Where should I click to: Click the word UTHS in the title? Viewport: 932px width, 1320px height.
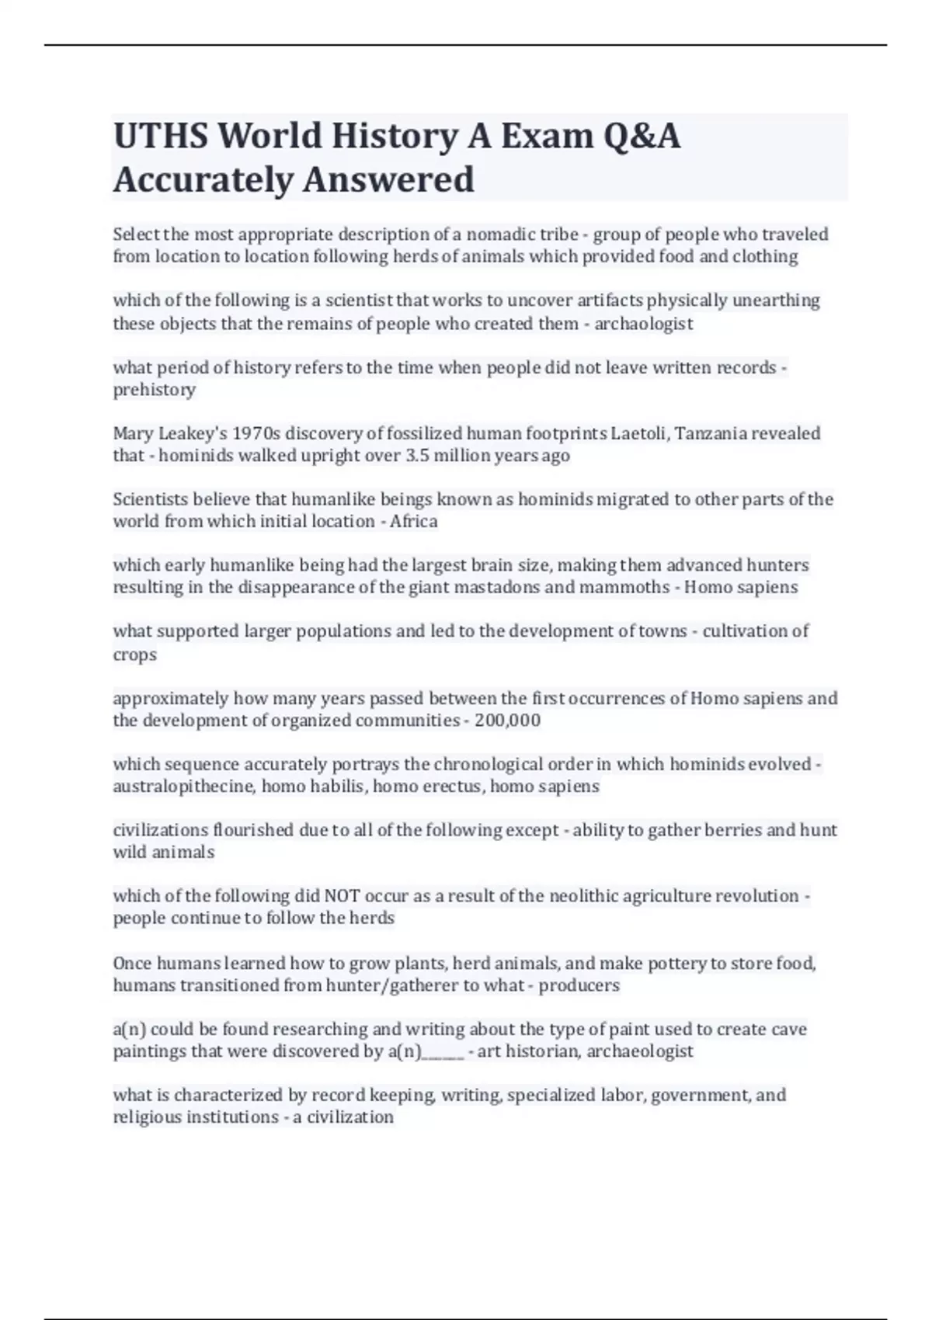[x=162, y=137]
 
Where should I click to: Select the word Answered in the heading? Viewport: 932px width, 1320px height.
[x=388, y=180]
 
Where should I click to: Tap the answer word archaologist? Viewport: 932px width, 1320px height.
[x=643, y=324]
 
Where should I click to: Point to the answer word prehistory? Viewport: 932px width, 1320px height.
[x=154, y=390]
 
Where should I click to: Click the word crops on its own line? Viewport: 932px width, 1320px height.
[x=134, y=655]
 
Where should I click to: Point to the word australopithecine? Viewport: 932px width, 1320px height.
[x=183, y=787]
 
